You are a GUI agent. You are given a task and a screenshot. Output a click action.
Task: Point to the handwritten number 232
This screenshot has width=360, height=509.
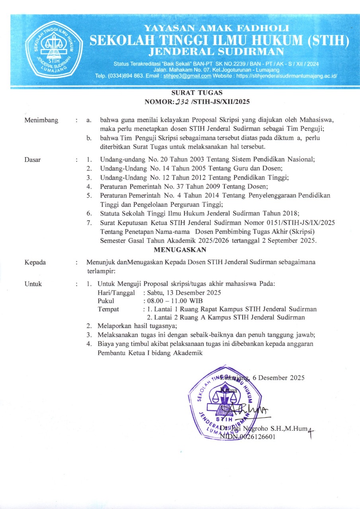click(181, 102)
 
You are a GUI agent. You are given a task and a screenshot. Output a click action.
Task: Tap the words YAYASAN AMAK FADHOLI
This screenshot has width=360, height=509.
click(217, 29)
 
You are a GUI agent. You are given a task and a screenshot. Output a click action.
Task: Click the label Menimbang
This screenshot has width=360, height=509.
click(41, 120)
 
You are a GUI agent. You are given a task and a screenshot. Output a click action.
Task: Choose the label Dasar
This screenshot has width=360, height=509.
click(33, 160)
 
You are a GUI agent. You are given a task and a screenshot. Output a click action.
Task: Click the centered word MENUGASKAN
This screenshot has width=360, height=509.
click(180, 250)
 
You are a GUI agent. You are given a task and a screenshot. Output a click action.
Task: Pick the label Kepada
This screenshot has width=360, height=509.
click(35, 262)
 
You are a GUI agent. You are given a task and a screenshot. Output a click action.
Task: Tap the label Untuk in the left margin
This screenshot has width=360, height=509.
click(33, 284)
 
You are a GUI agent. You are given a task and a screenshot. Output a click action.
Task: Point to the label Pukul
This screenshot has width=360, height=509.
click(106, 301)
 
